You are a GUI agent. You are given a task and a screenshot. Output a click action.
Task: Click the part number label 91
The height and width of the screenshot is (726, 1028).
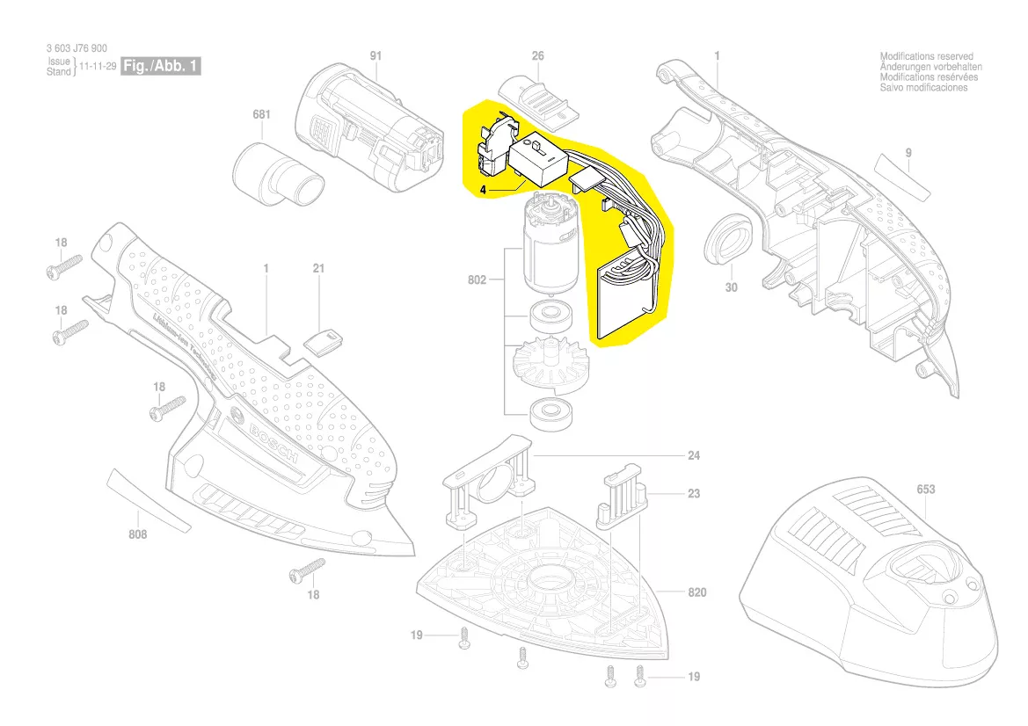coord(376,56)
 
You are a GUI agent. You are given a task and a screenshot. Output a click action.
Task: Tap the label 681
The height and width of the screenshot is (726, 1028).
coord(261,115)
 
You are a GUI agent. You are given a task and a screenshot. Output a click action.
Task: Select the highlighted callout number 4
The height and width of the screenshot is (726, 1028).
coord(484,189)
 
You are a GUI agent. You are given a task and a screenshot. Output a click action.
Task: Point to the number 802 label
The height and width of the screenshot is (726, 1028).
coord(478,280)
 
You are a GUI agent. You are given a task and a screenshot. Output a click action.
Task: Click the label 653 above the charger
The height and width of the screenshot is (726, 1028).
coord(926,490)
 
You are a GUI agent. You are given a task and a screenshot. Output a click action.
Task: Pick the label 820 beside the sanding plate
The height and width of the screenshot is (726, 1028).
coord(696,593)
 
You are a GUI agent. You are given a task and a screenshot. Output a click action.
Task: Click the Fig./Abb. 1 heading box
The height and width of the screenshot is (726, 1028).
coord(160,67)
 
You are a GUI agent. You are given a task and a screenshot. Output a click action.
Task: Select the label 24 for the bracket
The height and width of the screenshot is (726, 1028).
coord(694,456)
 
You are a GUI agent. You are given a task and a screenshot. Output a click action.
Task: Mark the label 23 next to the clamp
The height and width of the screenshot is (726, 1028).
coord(694,494)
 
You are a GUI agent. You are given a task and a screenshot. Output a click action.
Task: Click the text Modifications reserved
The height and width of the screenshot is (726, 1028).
coord(926,56)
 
